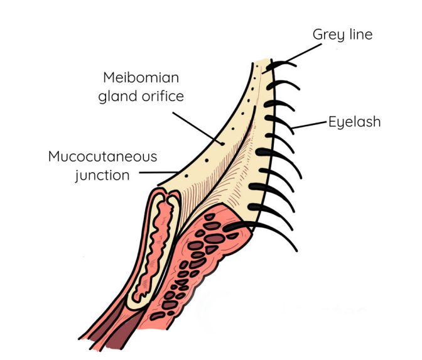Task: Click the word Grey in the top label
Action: pos(327,34)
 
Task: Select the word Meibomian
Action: pos(141,78)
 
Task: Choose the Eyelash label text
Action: pos(354,121)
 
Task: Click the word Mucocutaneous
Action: pos(102,156)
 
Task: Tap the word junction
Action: pos(102,175)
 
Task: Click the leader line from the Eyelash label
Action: pos(309,126)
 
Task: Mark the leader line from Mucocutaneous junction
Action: pos(158,172)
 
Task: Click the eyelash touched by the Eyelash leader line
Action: pos(286,123)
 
